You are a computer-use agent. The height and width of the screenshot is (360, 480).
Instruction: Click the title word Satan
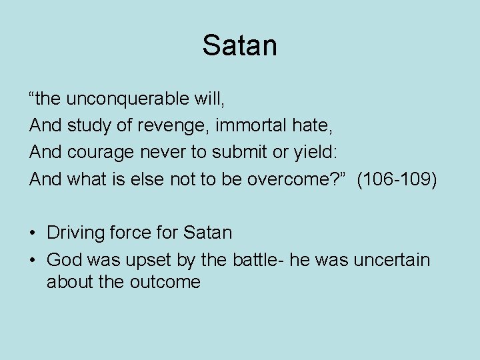(x=240, y=45)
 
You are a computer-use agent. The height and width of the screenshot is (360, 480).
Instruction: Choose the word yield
(x=313, y=153)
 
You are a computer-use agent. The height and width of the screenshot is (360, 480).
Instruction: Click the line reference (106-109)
(x=397, y=179)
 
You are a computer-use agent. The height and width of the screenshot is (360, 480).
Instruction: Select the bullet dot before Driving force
(x=33, y=233)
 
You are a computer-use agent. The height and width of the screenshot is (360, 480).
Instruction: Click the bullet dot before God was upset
(x=33, y=260)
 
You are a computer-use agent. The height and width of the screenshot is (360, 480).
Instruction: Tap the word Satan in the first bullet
(x=207, y=233)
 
